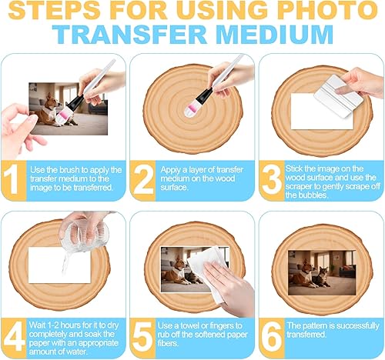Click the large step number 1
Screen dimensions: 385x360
(x=12, y=179)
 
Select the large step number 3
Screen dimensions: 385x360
(x=272, y=180)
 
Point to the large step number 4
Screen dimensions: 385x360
(x=15, y=338)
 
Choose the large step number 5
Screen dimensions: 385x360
(x=142, y=337)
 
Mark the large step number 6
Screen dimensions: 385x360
(x=272, y=338)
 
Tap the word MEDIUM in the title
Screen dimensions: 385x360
(x=274, y=34)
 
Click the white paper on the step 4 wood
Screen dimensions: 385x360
(x=59, y=265)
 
